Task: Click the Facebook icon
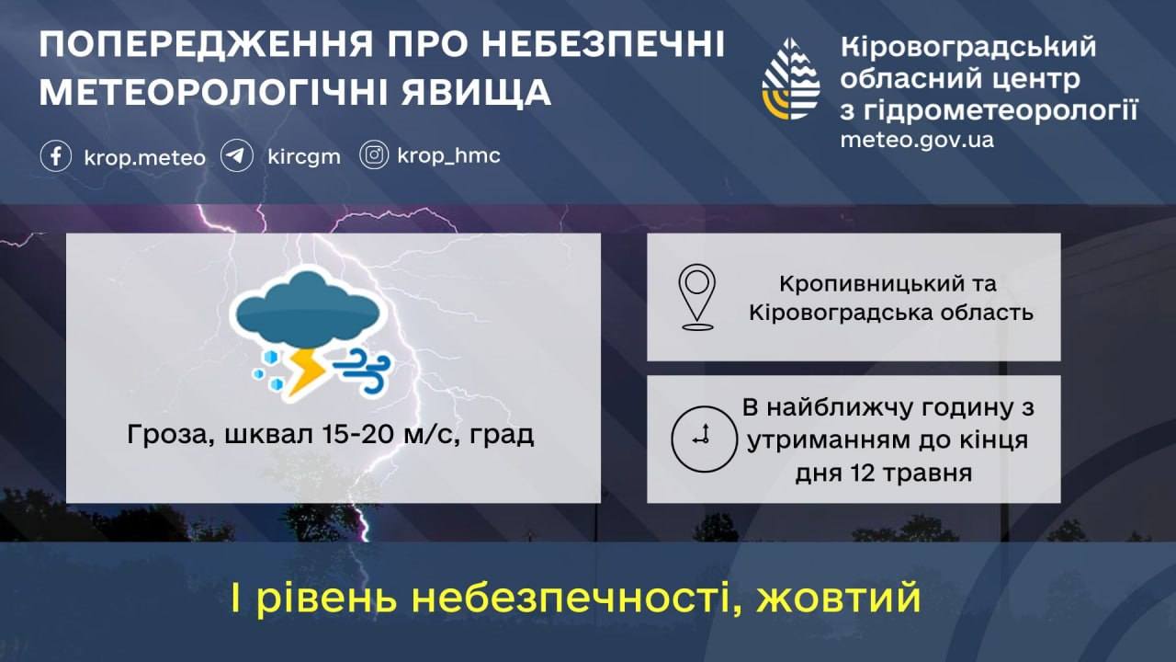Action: pyautogui.click(x=56, y=156)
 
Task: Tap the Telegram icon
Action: pyautogui.click(x=237, y=156)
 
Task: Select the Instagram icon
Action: pyautogui.click(x=374, y=155)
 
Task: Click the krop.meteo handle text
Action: pyautogui.click(x=144, y=157)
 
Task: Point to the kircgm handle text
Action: pyautogui.click(x=304, y=157)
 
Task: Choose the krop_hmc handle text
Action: pyautogui.click(x=449, y=156)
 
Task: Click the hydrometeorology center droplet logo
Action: pyautogui.click(x=791, y=79)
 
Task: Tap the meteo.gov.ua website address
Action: pyautogui.click(x=917, y=141)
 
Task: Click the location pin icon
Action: pyautogui.click(x=697, y=297)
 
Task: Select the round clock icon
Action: pyautogui.click(x=704, y=439)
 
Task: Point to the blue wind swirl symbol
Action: pyautogui.click(x=363, y=370)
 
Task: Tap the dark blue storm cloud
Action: pyautogui.click(x=307, y=311)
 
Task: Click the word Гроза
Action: pyautogui.click(x=171, y=436)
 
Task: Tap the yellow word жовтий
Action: pyautogui.click(x=839, y=598)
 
